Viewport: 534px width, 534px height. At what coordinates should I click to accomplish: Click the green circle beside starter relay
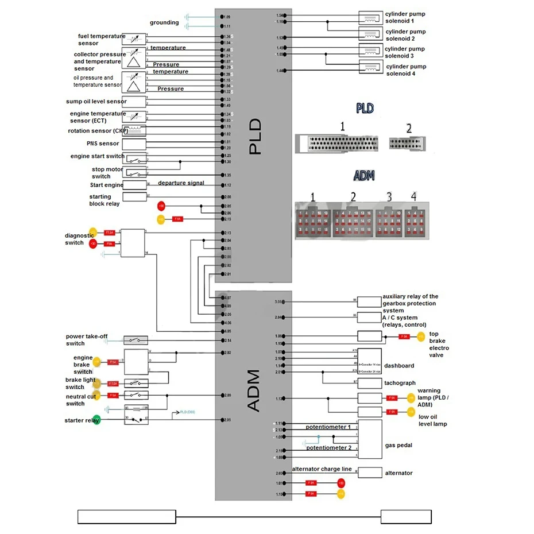coord(96,420)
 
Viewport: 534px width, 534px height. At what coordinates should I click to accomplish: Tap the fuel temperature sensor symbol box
coord(134,40)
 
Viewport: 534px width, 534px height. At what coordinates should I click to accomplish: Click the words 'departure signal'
coord(181,183)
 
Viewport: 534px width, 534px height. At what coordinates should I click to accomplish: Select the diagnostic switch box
coord(133,242)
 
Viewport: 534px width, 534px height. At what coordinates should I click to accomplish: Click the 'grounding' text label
coord(164,23)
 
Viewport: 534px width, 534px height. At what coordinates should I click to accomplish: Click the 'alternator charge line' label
coord(322,469)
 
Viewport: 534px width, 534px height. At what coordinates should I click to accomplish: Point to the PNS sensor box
coord(134,144)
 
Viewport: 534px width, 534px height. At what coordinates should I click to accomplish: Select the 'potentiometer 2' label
coord(328,447)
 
